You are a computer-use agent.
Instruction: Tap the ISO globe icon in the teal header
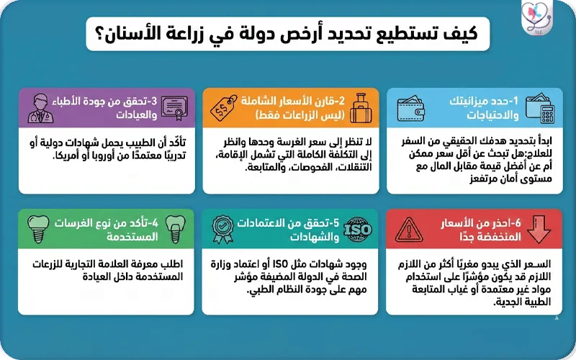358,230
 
